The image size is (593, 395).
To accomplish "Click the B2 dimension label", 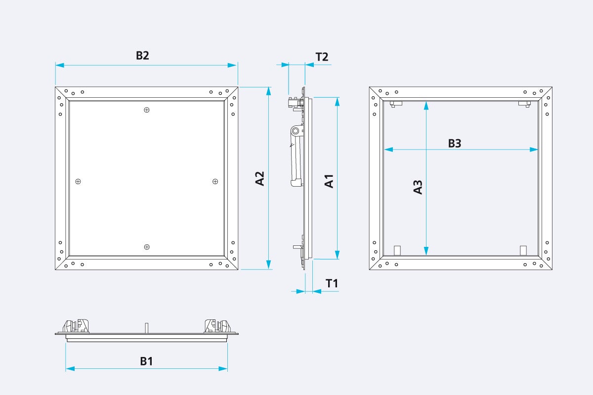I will [x=142, y=55].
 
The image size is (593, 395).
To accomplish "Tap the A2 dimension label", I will [x=260, y=178].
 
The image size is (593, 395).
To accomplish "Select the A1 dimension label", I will [x=329, y=181].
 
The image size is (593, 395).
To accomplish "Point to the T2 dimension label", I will [x=322, y=56].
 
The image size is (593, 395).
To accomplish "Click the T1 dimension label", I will [x=332, y=283].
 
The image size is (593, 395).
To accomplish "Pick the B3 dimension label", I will [x=454, y=143].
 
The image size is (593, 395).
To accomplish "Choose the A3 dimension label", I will [x=418, y=187].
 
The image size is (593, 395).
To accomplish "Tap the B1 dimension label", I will [x=146, y=361].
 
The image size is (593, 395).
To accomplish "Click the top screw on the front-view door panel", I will [x=146, y=110].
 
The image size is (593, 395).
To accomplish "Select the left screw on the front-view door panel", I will [x=78, y=182].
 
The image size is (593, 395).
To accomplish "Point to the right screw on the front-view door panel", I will [x=215, y=182].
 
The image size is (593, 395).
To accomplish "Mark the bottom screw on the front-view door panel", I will [x=146, y=247].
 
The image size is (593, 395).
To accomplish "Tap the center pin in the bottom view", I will [x=146, y=328].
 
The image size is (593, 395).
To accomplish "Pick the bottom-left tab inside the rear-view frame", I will [x=396, y=250].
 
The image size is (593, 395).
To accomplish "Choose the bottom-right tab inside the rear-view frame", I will [x=524, y=250].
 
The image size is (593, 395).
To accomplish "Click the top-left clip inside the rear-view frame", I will [x=396, y=104].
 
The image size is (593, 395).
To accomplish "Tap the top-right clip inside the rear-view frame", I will [x=524, y=104].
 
